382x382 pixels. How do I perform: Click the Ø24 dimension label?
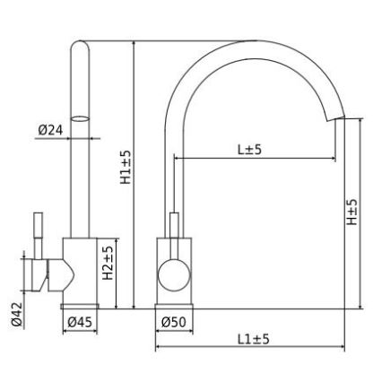click(50, 130)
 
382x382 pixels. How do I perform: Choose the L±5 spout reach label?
click(249, 150)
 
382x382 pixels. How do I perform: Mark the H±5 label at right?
click(352, 213)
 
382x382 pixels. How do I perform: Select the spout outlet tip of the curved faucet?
click(339, 116)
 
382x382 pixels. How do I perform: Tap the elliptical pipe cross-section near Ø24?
click(80, 117)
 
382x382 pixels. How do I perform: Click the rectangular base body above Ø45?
click(81, 273)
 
